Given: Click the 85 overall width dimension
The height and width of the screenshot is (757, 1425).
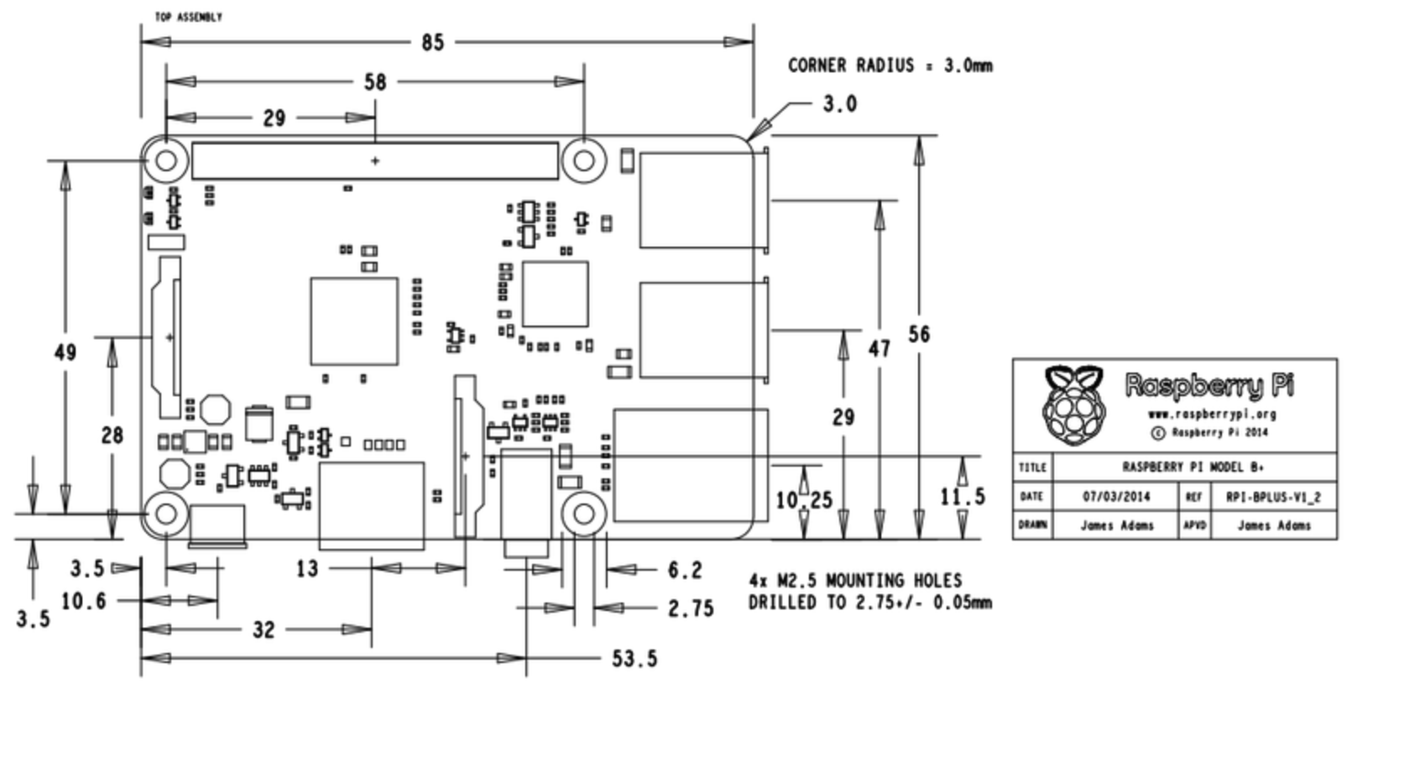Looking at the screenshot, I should coord(432,42).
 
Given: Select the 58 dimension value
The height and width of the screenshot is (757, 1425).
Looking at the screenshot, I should coord(375,81).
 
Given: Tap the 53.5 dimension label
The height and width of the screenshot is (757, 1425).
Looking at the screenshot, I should coord(634,659).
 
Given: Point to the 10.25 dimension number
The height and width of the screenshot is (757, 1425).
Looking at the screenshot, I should coord(803,500).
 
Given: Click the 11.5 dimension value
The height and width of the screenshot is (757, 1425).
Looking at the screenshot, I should coord(962,497).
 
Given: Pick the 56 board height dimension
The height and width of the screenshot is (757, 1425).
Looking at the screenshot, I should coord(919,334).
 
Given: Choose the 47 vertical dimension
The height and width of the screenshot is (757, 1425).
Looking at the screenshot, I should coord(879,348).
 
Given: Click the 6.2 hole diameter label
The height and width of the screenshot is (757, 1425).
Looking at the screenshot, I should coord(685,571).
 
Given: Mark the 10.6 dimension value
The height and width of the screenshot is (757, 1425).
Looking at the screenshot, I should coord(83,601).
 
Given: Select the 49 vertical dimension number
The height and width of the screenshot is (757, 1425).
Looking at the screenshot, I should coord(65,352).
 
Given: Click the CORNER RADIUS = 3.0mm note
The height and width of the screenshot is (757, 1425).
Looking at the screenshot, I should coord(890,65).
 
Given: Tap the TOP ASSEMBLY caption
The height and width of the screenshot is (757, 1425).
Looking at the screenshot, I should coord(188,17).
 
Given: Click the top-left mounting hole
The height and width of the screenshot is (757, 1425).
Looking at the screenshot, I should coord(166,159).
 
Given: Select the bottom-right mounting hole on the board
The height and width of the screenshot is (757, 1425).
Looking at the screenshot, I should coord(583,514).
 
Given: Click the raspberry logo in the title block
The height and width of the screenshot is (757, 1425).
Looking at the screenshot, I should coord(1073,405).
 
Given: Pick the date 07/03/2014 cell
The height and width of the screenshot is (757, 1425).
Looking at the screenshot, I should coord(1116,497).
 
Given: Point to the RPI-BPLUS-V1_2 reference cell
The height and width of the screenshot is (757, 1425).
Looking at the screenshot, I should coord(1273,497).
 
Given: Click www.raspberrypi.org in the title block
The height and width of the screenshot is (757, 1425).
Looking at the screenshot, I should coord(1211,414).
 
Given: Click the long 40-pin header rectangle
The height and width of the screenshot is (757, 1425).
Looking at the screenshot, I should coord(374,160).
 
